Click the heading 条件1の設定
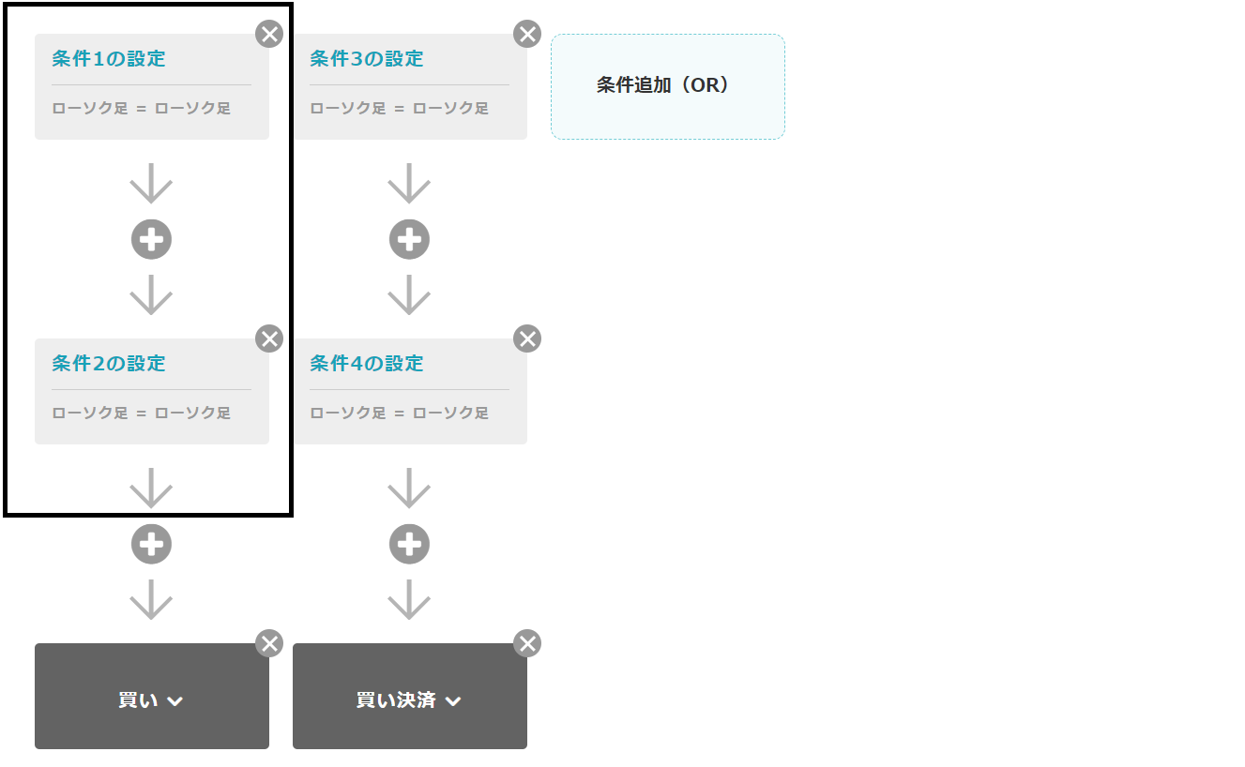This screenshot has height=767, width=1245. [109, 58]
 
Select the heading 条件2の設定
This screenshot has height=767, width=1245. [109, 363]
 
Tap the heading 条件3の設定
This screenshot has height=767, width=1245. [366, 58]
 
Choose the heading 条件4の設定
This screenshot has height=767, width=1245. [366, 363]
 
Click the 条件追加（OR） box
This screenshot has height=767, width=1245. [667, 86]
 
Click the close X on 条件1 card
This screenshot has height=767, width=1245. [269, 34]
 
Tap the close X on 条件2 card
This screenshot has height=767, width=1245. [269, 338]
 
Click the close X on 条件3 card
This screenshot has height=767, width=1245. [527, 34]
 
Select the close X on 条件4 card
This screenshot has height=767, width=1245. [527, 338]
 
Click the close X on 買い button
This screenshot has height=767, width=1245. [269, 643]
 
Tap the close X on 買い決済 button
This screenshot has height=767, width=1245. [527, 643]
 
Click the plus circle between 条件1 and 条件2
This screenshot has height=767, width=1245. [151, 239]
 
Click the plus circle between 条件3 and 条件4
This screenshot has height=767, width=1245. [409, 239]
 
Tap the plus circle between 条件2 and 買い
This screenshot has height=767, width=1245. [151, 544]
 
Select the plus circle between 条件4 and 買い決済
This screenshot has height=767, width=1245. [409, 544]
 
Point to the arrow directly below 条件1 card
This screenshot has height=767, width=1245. [151, 183]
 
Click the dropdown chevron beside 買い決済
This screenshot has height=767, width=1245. [453, 701]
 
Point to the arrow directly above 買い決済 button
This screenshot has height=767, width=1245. [409, 599]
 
